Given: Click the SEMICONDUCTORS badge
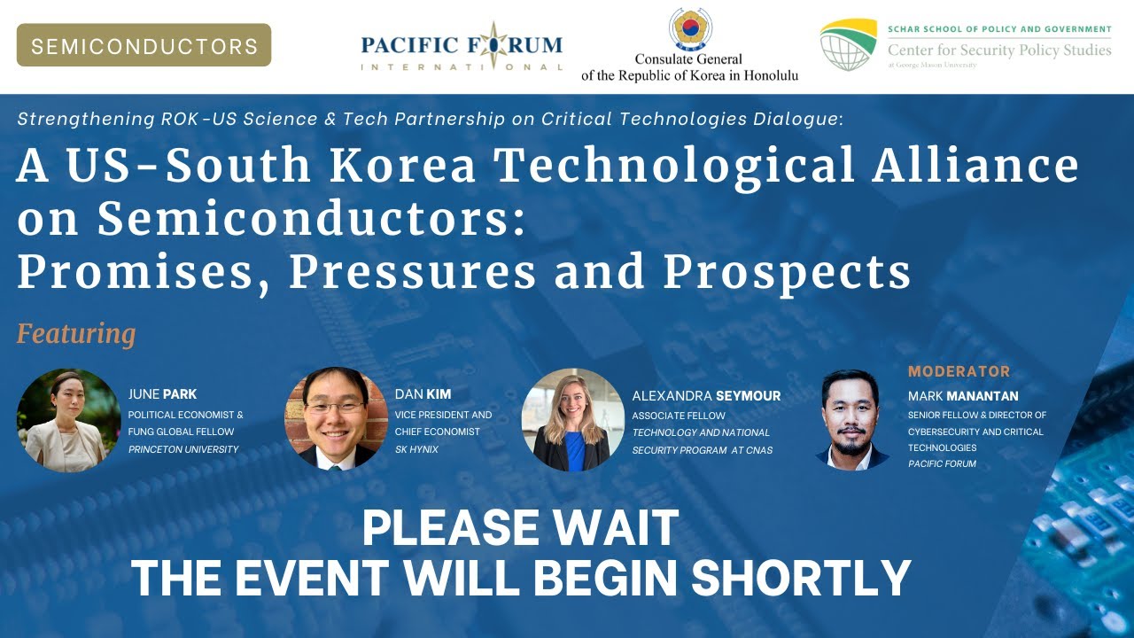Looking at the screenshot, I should [144, 45].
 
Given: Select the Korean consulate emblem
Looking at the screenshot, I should [689, 29].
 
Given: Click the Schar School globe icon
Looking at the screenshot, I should [848, 44].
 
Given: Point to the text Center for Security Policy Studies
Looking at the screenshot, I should [999, 51].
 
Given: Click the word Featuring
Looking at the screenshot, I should [76, 334].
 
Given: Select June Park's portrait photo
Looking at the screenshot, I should [69, 419].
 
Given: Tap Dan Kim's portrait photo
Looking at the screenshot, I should [337, 418].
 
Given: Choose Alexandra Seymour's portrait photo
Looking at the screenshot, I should [572, 419].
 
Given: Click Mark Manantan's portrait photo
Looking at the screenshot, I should [851, 419].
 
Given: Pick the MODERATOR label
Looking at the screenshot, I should [959, 371].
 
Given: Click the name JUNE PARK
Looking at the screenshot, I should [162, 394].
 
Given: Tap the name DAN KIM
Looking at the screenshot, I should [423, 394].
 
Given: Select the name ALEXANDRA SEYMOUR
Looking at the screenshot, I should [706, 396].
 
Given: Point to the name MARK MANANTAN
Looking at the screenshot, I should [963, 396].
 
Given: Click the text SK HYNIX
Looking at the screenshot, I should [416, 449].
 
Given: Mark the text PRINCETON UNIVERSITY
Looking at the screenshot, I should [183, 449].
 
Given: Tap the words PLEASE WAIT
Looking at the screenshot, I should [520, 529].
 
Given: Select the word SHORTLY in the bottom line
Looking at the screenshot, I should [801, 578].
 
